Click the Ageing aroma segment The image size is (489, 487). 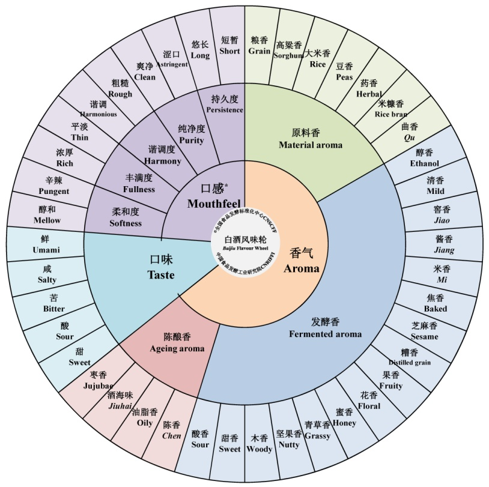click(176, 343)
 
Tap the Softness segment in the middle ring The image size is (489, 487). click(126, 217)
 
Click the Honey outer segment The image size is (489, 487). click(345, 418)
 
